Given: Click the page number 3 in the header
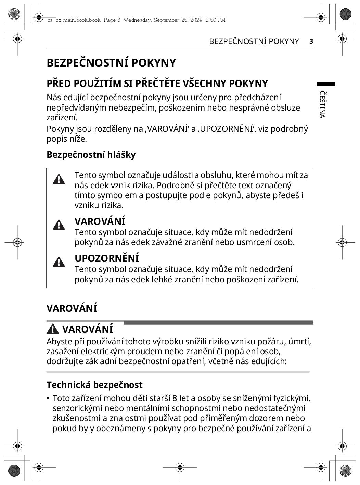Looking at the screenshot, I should click(x=311, y=41).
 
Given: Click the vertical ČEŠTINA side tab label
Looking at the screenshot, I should click(x=322, y=104).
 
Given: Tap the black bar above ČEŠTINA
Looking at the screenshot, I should click(x=325, y=84).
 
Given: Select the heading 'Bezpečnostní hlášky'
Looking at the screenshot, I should click(x=91, y=155).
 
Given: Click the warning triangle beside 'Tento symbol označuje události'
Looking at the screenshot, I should click(x=59, y=179).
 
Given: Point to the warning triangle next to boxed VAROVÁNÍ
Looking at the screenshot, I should click(x=59, y=225).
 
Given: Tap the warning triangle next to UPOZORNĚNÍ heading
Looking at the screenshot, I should click(x=59, y=261).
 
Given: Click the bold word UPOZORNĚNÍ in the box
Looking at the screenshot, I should click(x=107, y=258).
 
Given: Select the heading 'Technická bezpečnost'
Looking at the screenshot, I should click(x=94, y=385).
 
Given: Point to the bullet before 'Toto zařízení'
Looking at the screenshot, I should click(x=48, y=398).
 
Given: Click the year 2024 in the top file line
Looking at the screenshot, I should click(x=195, y=20).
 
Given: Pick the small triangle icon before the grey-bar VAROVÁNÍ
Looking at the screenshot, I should click(x=53, y=329).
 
